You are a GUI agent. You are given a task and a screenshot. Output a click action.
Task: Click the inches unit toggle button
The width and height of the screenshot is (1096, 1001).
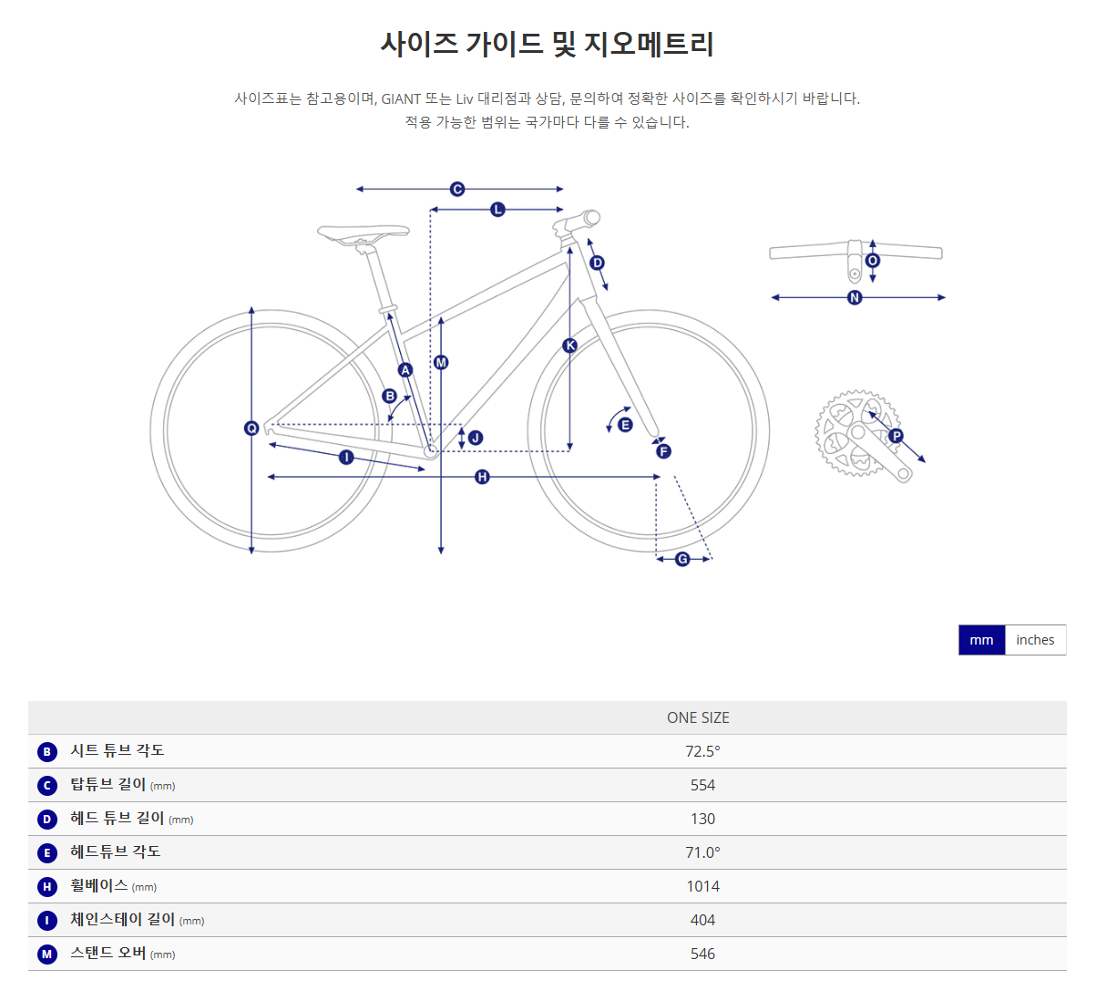pyautogui.click(x=1035, y=640)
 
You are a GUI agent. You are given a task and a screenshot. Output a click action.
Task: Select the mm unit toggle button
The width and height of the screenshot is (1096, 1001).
pyautogui.click(x=981, y=640)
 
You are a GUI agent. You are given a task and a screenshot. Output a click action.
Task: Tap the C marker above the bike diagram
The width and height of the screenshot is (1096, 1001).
pyautogui.click(x=457, y=189)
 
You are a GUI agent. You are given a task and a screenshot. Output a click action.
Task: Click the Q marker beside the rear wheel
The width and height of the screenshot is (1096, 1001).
pyautogui.click(x=251, y=428)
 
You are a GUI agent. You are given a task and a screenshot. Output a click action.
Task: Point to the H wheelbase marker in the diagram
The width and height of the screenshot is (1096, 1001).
pyautogui.click(x=482, y=477)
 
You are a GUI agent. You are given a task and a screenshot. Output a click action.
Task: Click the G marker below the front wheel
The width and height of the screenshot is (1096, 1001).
pyautogui.click(x=682, y=559)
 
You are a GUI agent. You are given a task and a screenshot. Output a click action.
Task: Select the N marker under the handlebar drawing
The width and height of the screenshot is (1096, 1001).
pyautogui.click(x=855, y=297)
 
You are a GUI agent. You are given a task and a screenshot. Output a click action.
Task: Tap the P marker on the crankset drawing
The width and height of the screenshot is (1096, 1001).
pyautogui.click(x=896, y=436)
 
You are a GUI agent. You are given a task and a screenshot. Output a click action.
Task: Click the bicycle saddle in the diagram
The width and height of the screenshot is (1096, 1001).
pyautogui.click(x=364, y=232)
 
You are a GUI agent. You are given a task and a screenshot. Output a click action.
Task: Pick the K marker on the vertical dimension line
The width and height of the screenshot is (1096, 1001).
pyautogui.click(x=570, y=345)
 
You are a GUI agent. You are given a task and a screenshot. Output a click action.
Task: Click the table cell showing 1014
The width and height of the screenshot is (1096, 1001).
pyautogui.click(x=702, y=886)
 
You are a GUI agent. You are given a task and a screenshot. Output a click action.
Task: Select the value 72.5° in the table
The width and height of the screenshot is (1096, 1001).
pyautogui.click(x=702, y=751)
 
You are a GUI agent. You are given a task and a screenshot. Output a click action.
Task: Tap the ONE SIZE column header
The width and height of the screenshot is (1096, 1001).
pyautogui.click(x=698, y=717)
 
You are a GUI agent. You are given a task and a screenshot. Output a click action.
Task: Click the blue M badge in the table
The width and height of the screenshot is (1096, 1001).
pyautogui.click(x=47, y=955)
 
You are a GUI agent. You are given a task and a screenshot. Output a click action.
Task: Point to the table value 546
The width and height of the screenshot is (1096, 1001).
pyautogui.click(x=702, y=954)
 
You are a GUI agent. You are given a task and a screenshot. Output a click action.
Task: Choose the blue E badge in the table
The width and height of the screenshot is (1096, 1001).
pyautogui.click(x=47, y=853)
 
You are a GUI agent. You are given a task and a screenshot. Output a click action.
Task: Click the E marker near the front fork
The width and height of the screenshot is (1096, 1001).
pyautogui.click(x=625, y=425)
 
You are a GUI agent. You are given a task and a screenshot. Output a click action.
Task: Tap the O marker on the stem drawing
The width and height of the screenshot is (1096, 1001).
pyautogui.click(x=873, y=261)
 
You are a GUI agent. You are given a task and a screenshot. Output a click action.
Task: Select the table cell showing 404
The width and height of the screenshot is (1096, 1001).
pyautogui.click(x=702, y=920)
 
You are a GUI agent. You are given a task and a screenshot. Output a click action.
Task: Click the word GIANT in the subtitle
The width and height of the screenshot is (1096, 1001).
pyautogui.click(x=401, y=98)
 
